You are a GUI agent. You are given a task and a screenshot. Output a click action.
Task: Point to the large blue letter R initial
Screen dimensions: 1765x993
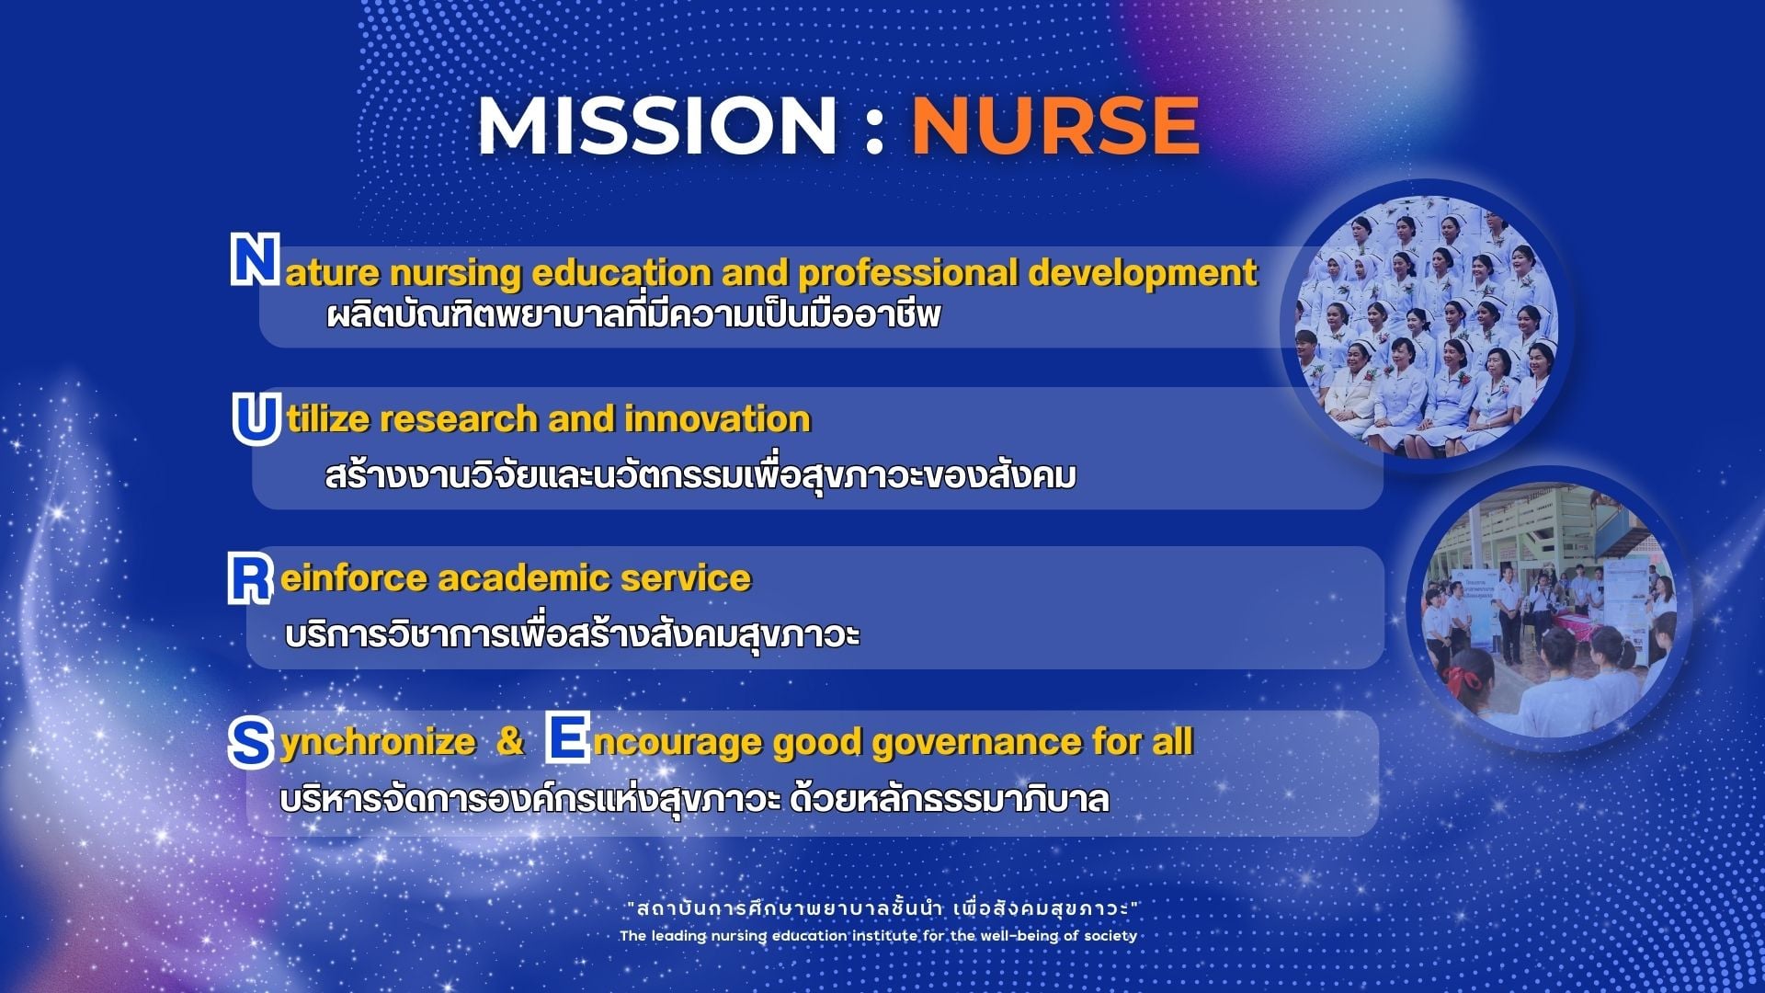(x=250, y=578)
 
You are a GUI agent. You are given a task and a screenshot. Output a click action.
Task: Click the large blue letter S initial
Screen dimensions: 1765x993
(x=250, y=743)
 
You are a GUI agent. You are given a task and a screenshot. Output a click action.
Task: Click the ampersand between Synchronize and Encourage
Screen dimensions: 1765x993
(x=510, y=742)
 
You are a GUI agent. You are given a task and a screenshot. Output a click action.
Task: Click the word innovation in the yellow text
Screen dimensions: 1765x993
(x=717, y=419)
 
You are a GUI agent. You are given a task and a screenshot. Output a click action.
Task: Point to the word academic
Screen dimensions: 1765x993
(x=524, y=578)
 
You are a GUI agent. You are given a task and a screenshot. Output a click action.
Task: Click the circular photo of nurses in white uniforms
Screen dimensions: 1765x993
(x=1427, y=325)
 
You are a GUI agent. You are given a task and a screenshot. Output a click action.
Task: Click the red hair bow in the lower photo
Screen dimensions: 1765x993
(x=1462, y=680)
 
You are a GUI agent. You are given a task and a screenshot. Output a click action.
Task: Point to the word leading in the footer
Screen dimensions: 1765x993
(x=678, y=936)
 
